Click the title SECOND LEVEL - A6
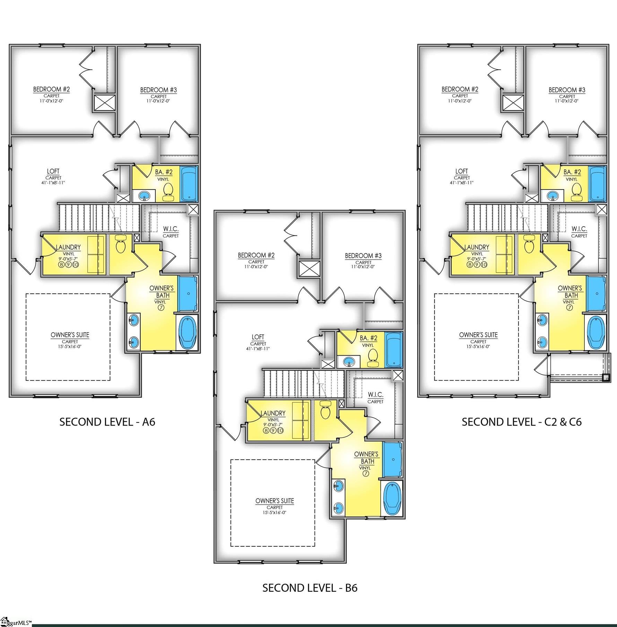pos(107,422)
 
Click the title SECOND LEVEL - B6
pos(310,588)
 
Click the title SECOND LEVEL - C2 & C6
pos(521,422)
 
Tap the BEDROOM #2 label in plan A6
pos(51,89)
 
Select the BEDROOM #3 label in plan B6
pos(363,256)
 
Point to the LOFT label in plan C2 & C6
pos(461,171)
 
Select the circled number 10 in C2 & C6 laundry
pos(484,265)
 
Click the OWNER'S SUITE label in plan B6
pos(275,501)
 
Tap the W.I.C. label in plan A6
pos(171,229)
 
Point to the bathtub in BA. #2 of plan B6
pos(394,350)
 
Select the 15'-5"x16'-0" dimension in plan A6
pos(70,347)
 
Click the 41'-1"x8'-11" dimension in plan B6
pos(258,349)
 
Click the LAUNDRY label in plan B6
pos(273,413)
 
